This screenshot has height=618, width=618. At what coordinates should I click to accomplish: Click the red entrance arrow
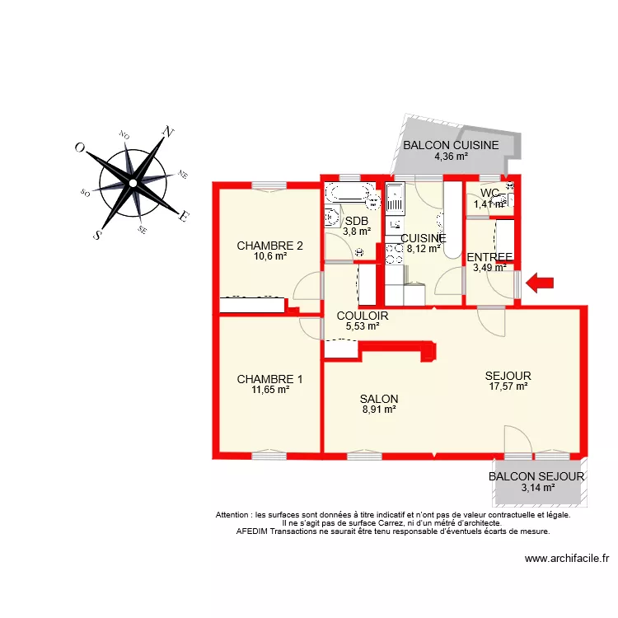[541, 283]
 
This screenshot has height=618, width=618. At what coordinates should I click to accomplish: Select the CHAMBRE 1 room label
[269, 379]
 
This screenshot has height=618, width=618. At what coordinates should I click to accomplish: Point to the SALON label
[379, 398]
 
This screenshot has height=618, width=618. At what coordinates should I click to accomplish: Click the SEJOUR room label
[508, 376]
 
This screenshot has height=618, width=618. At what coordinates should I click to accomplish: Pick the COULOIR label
[363, 316]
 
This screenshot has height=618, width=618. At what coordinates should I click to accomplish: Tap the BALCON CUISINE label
[451, 146]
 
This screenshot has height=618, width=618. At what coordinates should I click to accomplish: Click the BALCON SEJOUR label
[536, 476]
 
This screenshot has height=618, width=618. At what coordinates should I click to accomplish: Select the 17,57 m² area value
[508, 386]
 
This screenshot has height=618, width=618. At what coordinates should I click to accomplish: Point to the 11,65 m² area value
[270, 390]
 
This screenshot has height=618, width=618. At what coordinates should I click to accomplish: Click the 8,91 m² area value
[379, 408]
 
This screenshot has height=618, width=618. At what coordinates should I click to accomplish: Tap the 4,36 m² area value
[451, 157]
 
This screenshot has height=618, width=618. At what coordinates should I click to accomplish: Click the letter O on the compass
[80, 147]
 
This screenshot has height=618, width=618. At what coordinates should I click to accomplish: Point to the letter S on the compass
[96, 234]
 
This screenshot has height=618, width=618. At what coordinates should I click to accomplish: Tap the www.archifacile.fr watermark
[567, 558]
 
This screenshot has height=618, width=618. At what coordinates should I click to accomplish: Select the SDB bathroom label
[356, 221]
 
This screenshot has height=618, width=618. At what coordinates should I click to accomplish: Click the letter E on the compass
[185, 217]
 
